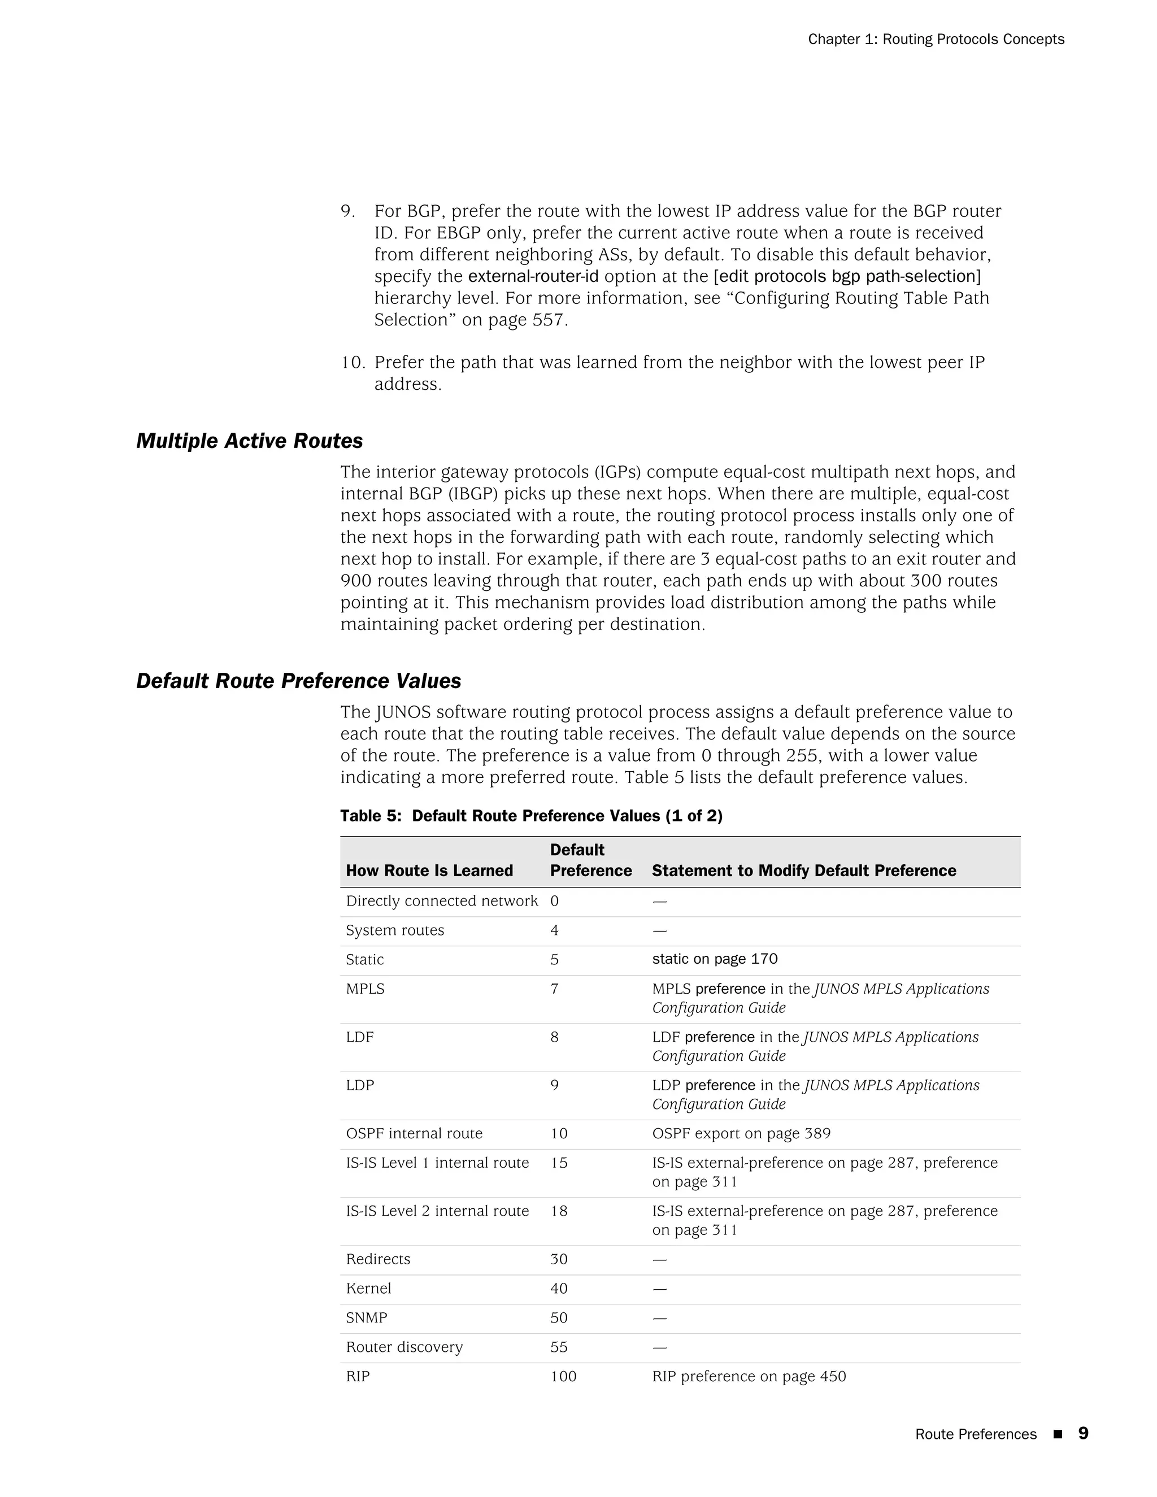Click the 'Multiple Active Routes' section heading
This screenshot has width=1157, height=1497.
click(250, 441)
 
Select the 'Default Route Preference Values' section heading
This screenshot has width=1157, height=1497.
click(298, 681)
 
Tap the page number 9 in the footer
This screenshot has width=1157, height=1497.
click(1083, 1433)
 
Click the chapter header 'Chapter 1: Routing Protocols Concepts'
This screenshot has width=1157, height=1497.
click(936, 39)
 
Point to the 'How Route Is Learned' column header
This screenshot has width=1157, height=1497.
click(429, 871)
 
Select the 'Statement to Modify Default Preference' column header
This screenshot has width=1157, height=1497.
click(803, 871)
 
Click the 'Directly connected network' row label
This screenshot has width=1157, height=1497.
click(441, 902)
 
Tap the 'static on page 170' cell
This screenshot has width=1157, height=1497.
click(714, 959)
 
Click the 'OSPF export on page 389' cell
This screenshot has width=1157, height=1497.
click(741, 1134)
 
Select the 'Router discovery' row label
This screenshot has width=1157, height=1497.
click(404, 1347)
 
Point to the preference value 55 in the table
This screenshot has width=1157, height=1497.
click(559, 1347)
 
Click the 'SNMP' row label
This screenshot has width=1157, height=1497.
click(366, 1317)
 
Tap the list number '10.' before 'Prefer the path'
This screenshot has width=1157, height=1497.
click(353, 362)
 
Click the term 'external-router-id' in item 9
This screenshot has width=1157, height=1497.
click(533, 276)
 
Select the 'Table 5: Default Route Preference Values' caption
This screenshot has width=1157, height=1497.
click(531, 816)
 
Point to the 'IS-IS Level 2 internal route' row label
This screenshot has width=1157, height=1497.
click(437, 1211)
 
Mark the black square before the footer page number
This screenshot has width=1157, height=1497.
click(1057, 1434)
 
